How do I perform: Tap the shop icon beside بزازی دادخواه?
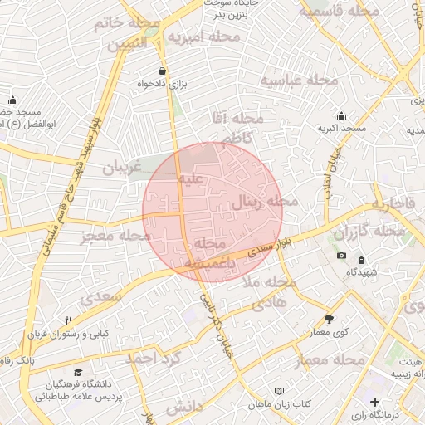[x=161, y=71]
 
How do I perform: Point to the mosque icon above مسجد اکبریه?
[x=341, y=116]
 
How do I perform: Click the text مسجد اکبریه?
[x=341, y=130]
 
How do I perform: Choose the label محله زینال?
[x=256, y=201]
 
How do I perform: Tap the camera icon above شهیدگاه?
[x=341, y=255]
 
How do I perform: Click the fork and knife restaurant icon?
[x=68, y=320]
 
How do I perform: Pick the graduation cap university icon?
[x=78, y=373]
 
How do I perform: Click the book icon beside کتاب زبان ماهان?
[x=280, y=390]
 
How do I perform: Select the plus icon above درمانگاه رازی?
[x=375, y=402]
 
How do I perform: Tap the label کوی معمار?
[x=330, y=333]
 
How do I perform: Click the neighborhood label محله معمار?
[x=330, y=359]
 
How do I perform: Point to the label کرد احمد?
[x=151, y=359]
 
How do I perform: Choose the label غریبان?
[x=117, y=169]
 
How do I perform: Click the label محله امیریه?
[x=203, y=37]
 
